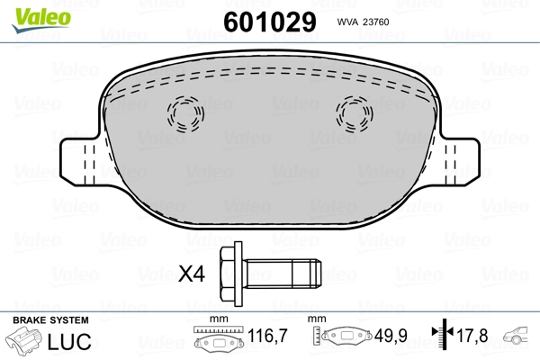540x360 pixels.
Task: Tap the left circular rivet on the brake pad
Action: [186, 114]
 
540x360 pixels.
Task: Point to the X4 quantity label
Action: [192, 272]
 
